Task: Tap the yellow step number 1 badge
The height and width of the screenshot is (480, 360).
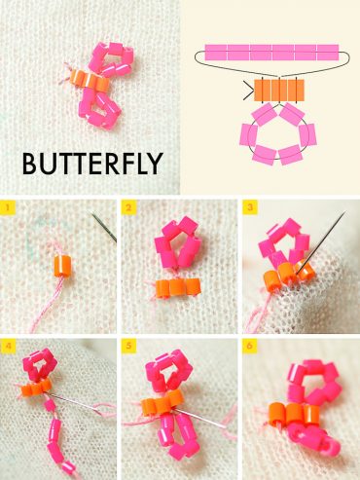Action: tap(8, 207)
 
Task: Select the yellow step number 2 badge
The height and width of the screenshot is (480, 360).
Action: tap(128, 207)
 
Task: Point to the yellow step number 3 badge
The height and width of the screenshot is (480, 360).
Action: tap(249, 207)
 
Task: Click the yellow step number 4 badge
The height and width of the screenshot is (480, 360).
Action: tap(8, 346)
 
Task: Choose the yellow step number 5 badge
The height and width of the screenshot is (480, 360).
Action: tap(128, 346)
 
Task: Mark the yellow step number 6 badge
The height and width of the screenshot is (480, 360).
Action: tap(249, 346)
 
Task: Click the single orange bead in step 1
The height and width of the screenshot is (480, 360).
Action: tap(59, 263)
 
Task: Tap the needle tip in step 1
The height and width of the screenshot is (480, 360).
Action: tap(95, 217)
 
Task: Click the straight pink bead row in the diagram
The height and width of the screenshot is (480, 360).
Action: tap(271, 52)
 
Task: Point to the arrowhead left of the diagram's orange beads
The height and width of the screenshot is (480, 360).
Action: tap(246, 92)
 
